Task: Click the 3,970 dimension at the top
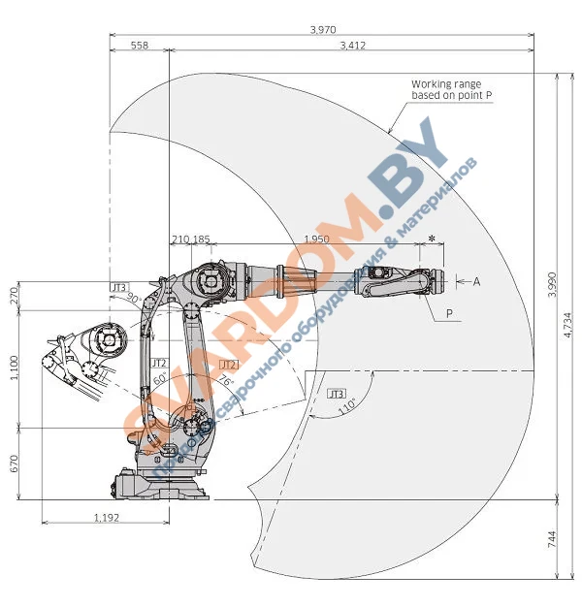click(322, 30)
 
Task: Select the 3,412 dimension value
click(353, 45)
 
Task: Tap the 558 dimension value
click(139, 45)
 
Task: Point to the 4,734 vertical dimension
click(568, 327)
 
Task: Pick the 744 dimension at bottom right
click(553, 540)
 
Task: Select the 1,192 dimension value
click(106, 518)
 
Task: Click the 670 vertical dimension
click(14, 463)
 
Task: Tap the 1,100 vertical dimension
click(14, 367)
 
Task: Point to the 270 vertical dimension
click(14, 295)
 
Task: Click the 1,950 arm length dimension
click(316, 239)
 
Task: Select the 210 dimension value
click(179, 239)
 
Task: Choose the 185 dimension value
click(201, 239)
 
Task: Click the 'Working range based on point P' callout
click(445, 90)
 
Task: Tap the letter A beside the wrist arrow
click(475, 281)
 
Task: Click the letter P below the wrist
click(449, 313)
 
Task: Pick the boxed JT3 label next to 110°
click(337, 394)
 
